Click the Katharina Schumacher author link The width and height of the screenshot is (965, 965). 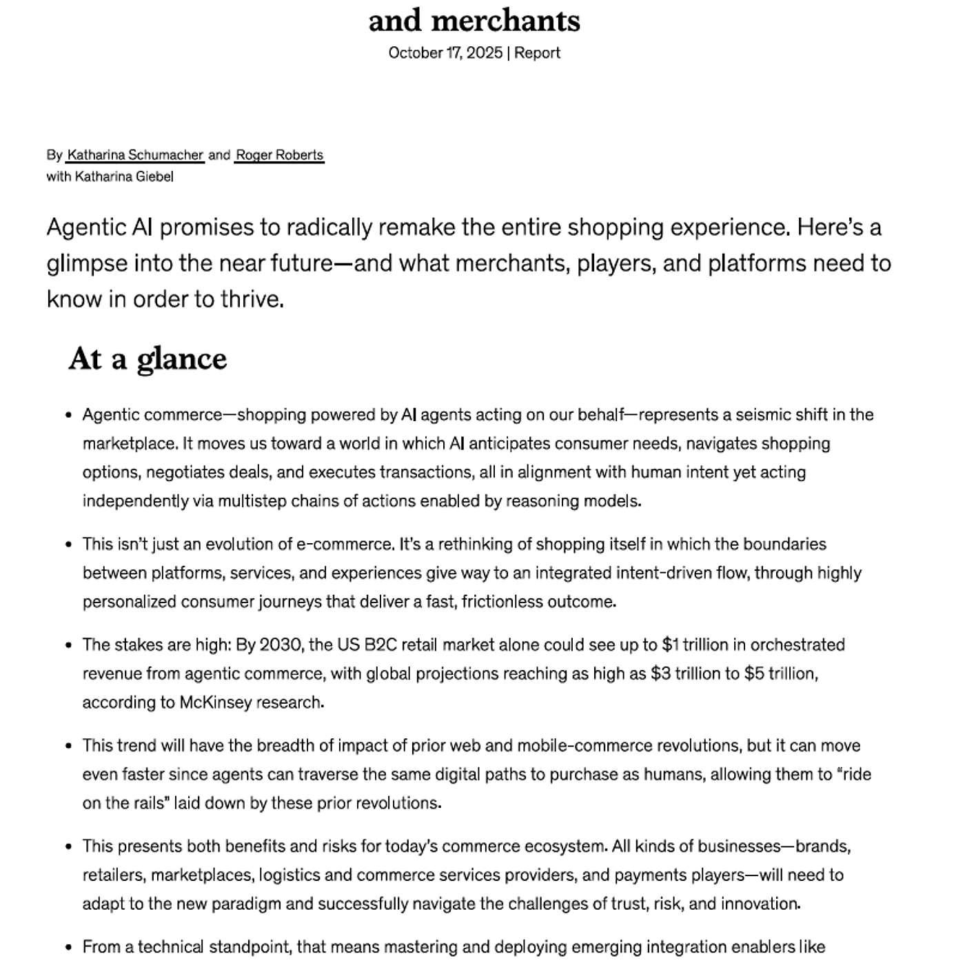pos(135,155)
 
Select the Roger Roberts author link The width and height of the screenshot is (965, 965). pos(279,155)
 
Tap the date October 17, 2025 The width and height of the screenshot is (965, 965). pos(445,53)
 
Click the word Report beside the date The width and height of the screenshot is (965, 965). pos(537,53)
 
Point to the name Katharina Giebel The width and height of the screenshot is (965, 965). pos(124,176)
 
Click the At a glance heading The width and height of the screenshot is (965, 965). pos(148,359)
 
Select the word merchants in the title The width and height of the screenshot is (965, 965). pos(505,21)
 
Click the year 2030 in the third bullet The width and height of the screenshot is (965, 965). pos(280,644)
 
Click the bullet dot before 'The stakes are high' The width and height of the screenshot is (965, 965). pos(68,646)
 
